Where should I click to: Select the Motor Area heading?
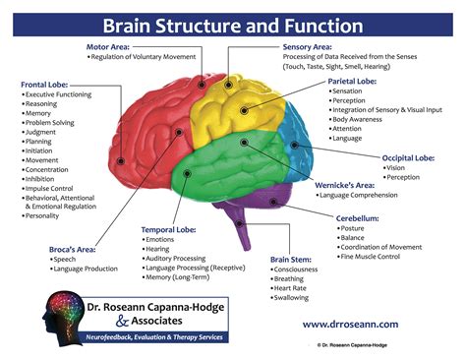point(109,45)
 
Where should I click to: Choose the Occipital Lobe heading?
point(408,156)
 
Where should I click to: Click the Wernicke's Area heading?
point(348,184)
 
